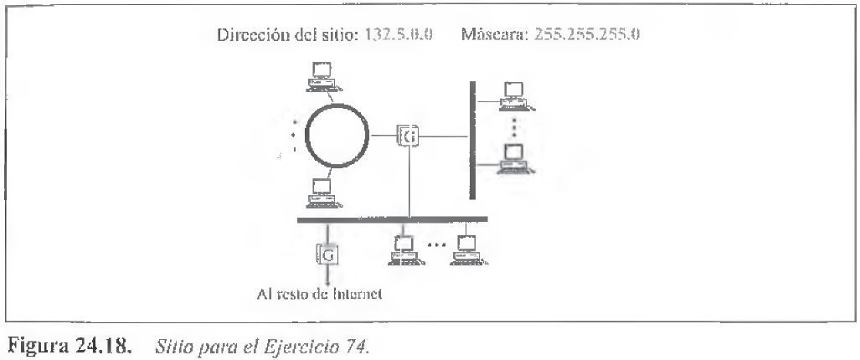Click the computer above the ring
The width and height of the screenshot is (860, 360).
(x=320, y=75)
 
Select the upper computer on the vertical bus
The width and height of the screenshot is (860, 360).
(x=513, y=95)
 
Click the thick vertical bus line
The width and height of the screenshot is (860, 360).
(x=472, y=138)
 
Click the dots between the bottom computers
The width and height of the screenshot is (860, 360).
(x=435, y=246)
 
